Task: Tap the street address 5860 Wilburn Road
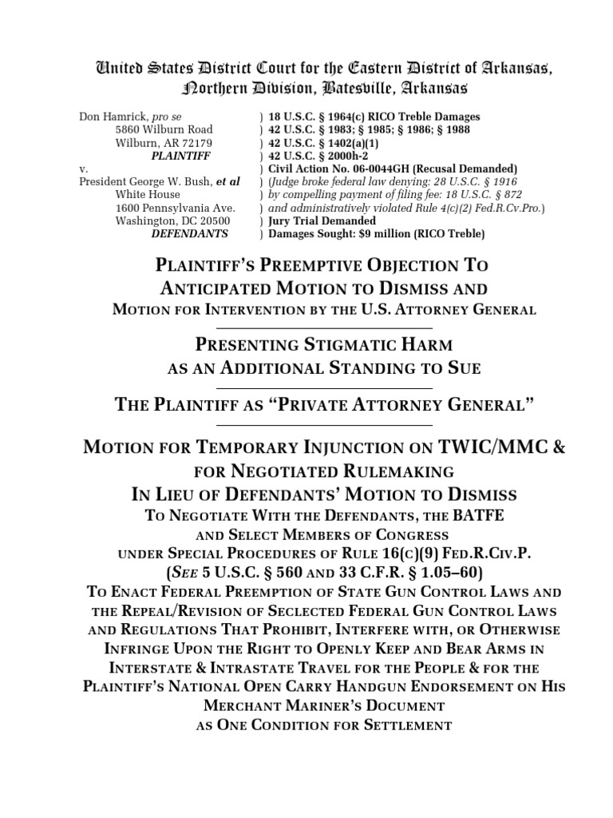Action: click(164, 129)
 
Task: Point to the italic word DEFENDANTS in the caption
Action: click(189, 233)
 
